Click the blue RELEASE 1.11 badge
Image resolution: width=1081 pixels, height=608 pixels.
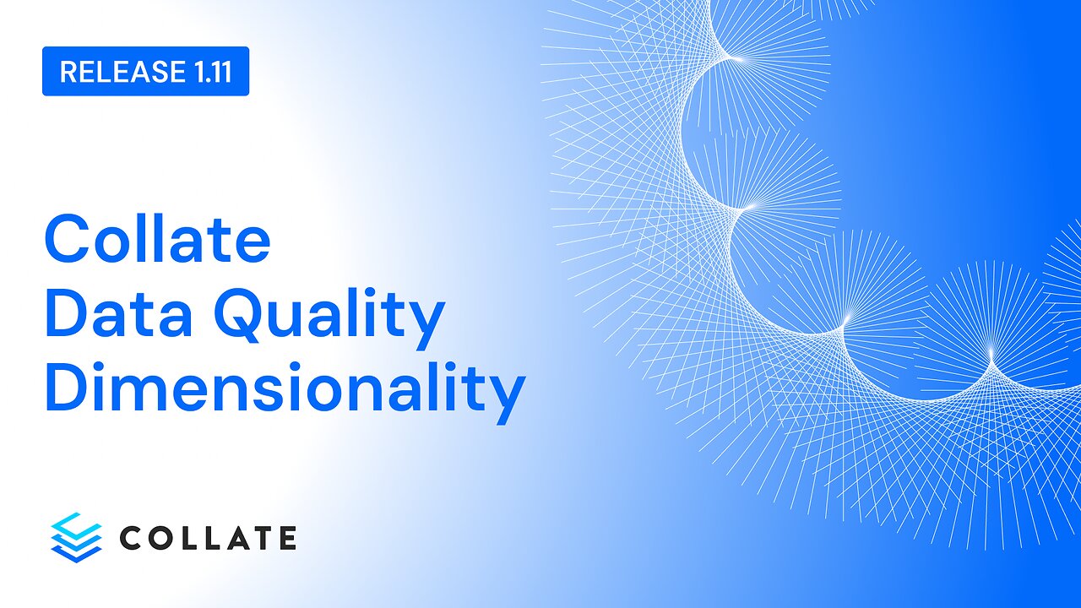(x=145, y=71)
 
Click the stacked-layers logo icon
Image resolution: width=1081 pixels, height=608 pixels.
(x=76, y=536)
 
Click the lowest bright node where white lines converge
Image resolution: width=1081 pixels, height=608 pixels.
(x=991, y=352)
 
